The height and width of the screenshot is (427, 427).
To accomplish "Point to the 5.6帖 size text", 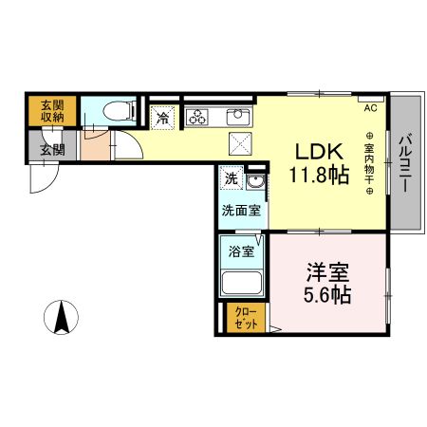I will tap(327, 294).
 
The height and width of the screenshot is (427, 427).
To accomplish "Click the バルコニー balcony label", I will tap(404, 163).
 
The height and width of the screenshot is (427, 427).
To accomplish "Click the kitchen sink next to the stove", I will tap(236, 118).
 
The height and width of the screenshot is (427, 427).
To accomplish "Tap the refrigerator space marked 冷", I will tap(163, 119).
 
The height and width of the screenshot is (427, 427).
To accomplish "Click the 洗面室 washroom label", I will tap(242, 211).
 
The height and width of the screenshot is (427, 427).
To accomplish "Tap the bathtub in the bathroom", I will tap(242, 284).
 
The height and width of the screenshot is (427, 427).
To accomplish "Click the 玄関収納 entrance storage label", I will tap(52, 111).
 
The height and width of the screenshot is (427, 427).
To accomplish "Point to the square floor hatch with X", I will tap(239, 144).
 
